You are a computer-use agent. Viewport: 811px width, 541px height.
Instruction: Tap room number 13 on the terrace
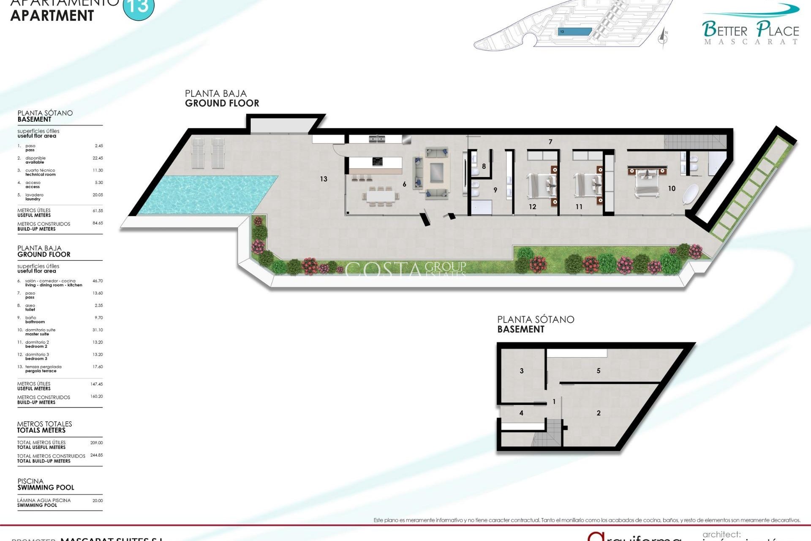324,179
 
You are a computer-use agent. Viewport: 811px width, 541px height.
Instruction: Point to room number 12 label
532,207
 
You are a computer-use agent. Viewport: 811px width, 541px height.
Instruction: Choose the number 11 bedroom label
579,207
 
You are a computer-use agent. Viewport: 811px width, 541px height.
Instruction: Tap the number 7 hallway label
550,142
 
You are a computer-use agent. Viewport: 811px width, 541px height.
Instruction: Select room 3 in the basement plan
522,371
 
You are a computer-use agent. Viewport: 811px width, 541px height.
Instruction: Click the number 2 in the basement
599,413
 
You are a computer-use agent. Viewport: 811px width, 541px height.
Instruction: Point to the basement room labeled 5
599,371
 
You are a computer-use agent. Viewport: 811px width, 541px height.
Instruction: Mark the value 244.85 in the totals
96,455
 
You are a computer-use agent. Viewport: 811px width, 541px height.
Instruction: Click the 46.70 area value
98,281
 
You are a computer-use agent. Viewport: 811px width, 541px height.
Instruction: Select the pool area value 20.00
98,500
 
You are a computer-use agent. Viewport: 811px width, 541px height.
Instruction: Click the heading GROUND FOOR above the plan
222,103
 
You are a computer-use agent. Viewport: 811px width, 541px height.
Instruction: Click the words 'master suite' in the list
37,334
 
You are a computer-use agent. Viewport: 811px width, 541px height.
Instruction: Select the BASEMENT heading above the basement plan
521,329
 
